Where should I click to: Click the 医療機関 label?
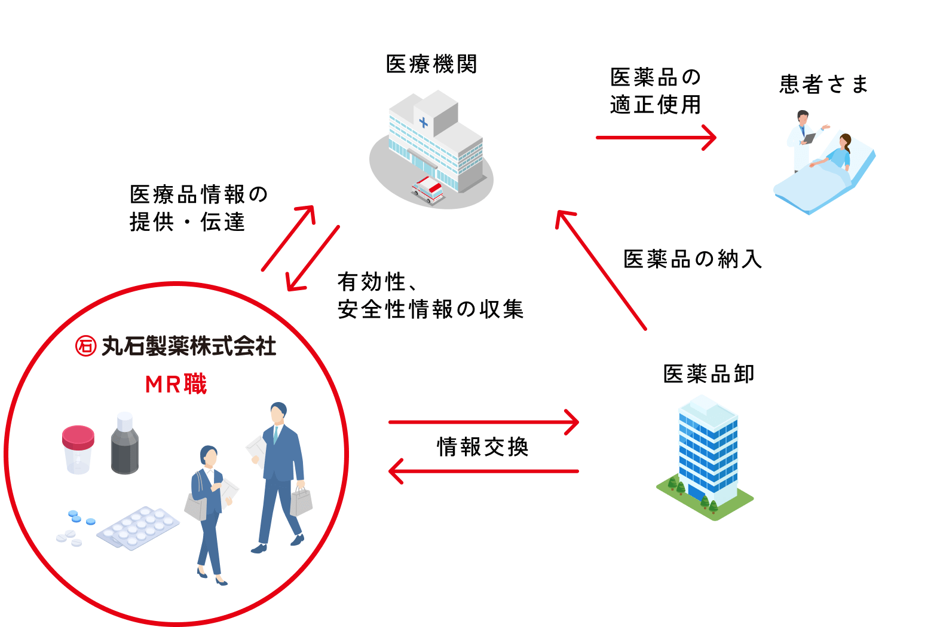coord(431,65)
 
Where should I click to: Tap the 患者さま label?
coord(823,84)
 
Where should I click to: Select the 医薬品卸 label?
coord(709,374)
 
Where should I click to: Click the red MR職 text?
coord(176,384)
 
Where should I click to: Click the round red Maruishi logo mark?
coord(85,346)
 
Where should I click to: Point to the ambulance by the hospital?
coord(427,189)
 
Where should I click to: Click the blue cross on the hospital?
coord(424,123)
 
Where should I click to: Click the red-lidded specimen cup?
coord(78,449)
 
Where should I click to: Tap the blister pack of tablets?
coord(139,527)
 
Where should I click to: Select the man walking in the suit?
coord(278,473)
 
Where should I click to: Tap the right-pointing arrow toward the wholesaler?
coord(484,422)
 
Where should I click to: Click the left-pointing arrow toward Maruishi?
coord(484,471)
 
